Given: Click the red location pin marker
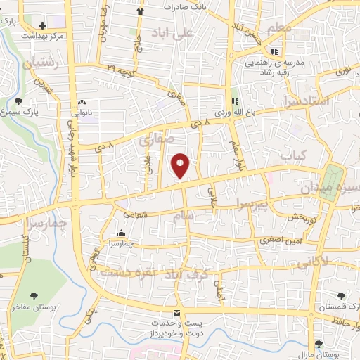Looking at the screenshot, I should tap(181, 166).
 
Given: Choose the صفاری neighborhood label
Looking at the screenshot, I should tap(155, 140).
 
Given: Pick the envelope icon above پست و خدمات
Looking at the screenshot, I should tap(176, 312).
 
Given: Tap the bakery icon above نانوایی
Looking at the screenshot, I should tap(83, 103).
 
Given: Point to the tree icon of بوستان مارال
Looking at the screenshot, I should tap(320, 344).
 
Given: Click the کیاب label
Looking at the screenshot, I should tap(289, 155).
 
